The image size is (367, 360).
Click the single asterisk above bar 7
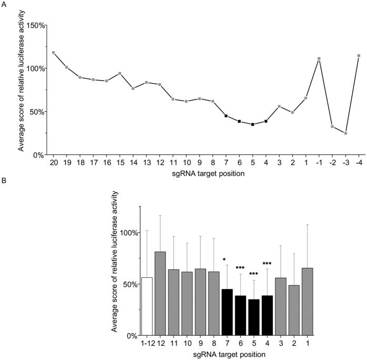(x=225, y=259)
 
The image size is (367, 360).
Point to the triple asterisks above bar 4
(x=267, y=264)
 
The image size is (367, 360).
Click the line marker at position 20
(x=54, y=53)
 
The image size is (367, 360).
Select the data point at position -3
(x=345, y=133)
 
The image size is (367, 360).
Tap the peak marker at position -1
(x=319, y=58)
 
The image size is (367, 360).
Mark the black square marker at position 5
(x=253, y=124)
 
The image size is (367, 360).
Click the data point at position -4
(x=359, y=56)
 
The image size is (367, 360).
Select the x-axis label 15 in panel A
(x=120, y=163)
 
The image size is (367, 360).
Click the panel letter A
(x=4, y=4)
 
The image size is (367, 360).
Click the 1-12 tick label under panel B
(x=147, y=343)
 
